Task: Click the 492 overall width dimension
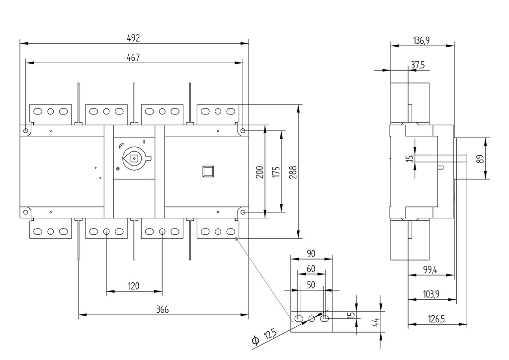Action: pos(133,38)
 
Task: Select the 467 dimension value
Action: pos(133,57)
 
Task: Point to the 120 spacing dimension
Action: pos(134,286)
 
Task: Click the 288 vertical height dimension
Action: pos(294,172)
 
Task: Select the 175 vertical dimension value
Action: pos(277,172)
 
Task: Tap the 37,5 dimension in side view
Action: pos(418,65)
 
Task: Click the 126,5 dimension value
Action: pos(436,319)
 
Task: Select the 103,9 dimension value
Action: pos(431,294)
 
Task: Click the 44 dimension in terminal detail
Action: pos(376,322)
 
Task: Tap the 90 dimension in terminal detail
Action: pos(311,254)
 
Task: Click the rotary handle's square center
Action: pos(134,159)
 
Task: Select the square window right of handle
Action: pos(207,171)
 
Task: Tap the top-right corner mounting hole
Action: pos(242,131)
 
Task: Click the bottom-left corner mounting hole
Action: pos(25,212)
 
